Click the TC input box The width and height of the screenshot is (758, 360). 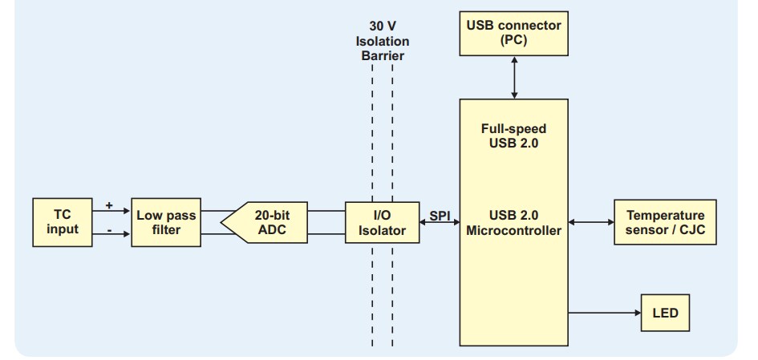(63, 222)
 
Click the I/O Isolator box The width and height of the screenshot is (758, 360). (382, 222)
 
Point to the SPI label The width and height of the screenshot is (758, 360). (440, 216)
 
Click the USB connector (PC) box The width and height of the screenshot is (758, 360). (514, 33)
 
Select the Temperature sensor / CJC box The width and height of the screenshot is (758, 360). (665, 222)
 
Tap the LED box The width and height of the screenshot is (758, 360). (665, 312)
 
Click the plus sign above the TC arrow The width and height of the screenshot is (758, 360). (109, 205)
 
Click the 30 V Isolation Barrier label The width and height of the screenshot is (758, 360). (382, 40)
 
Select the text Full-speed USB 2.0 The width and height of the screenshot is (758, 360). (513, 136)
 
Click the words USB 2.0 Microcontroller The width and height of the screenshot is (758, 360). (513, 223)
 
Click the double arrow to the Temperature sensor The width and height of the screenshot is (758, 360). (590, 222)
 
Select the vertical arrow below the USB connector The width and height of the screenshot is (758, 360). (514, 77)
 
